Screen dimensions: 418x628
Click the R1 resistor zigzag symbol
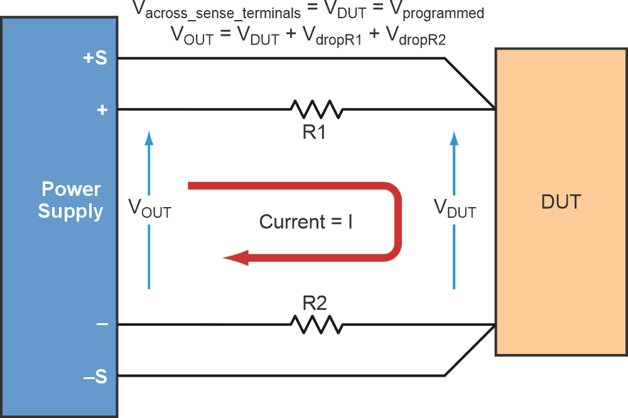click(317, 110)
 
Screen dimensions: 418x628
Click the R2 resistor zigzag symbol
click(317, 324)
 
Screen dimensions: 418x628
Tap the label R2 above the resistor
click(315, 303)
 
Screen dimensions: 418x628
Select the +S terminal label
click(95, 58)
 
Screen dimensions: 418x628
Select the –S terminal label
click(95, 377)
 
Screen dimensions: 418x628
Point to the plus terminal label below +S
click(102, 110)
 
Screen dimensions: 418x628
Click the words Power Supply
click(70, 200)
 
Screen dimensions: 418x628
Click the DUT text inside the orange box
click(561, 202)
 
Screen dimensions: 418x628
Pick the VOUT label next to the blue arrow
click(149, 208)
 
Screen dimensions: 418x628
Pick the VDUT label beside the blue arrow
click(455, 208)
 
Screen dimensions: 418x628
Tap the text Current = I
click(306, 222)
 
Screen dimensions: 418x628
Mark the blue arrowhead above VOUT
click(149, 137)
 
